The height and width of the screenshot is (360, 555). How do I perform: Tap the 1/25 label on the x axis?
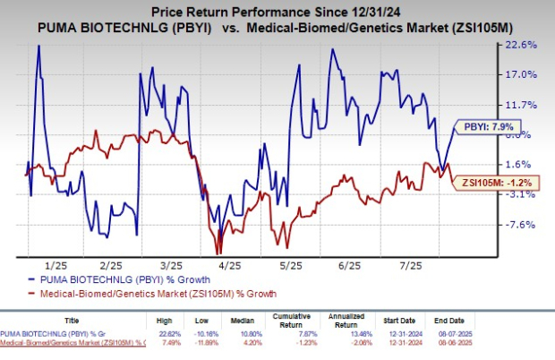pyautogui.click(x=55, y=266)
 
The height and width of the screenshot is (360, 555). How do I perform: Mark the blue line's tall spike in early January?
pyautogui.click(x=38, y=47)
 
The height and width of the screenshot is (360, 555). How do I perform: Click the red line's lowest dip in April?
pyautogui.click(x=217, y=253)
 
